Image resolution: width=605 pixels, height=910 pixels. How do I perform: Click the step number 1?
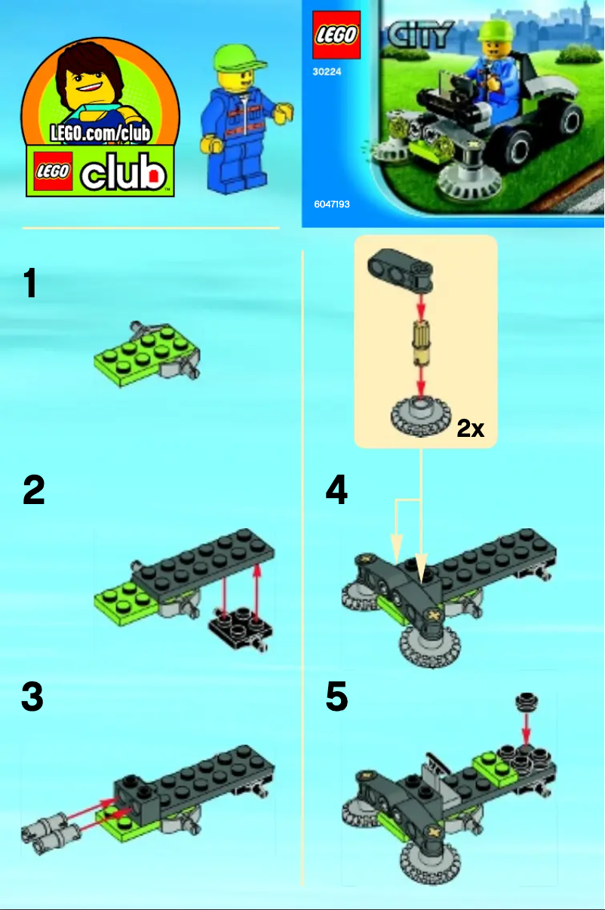(30, 284)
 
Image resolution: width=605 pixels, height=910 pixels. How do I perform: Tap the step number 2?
(34, 491)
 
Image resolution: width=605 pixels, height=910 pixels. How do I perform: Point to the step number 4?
(336, 491)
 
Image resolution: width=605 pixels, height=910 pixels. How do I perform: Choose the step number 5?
(336, 698)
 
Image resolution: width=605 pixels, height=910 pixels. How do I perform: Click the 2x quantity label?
(470, 429)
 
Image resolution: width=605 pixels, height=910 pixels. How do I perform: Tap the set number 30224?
(327, 73)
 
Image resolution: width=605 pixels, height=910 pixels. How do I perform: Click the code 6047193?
(331, 204)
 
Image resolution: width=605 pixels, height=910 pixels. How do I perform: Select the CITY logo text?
(420, 35)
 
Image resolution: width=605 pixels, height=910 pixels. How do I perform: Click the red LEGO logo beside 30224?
(336, 35)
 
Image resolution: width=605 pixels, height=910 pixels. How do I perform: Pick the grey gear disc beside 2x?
(420, 416)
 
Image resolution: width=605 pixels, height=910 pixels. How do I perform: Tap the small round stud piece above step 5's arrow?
(525, 702)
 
